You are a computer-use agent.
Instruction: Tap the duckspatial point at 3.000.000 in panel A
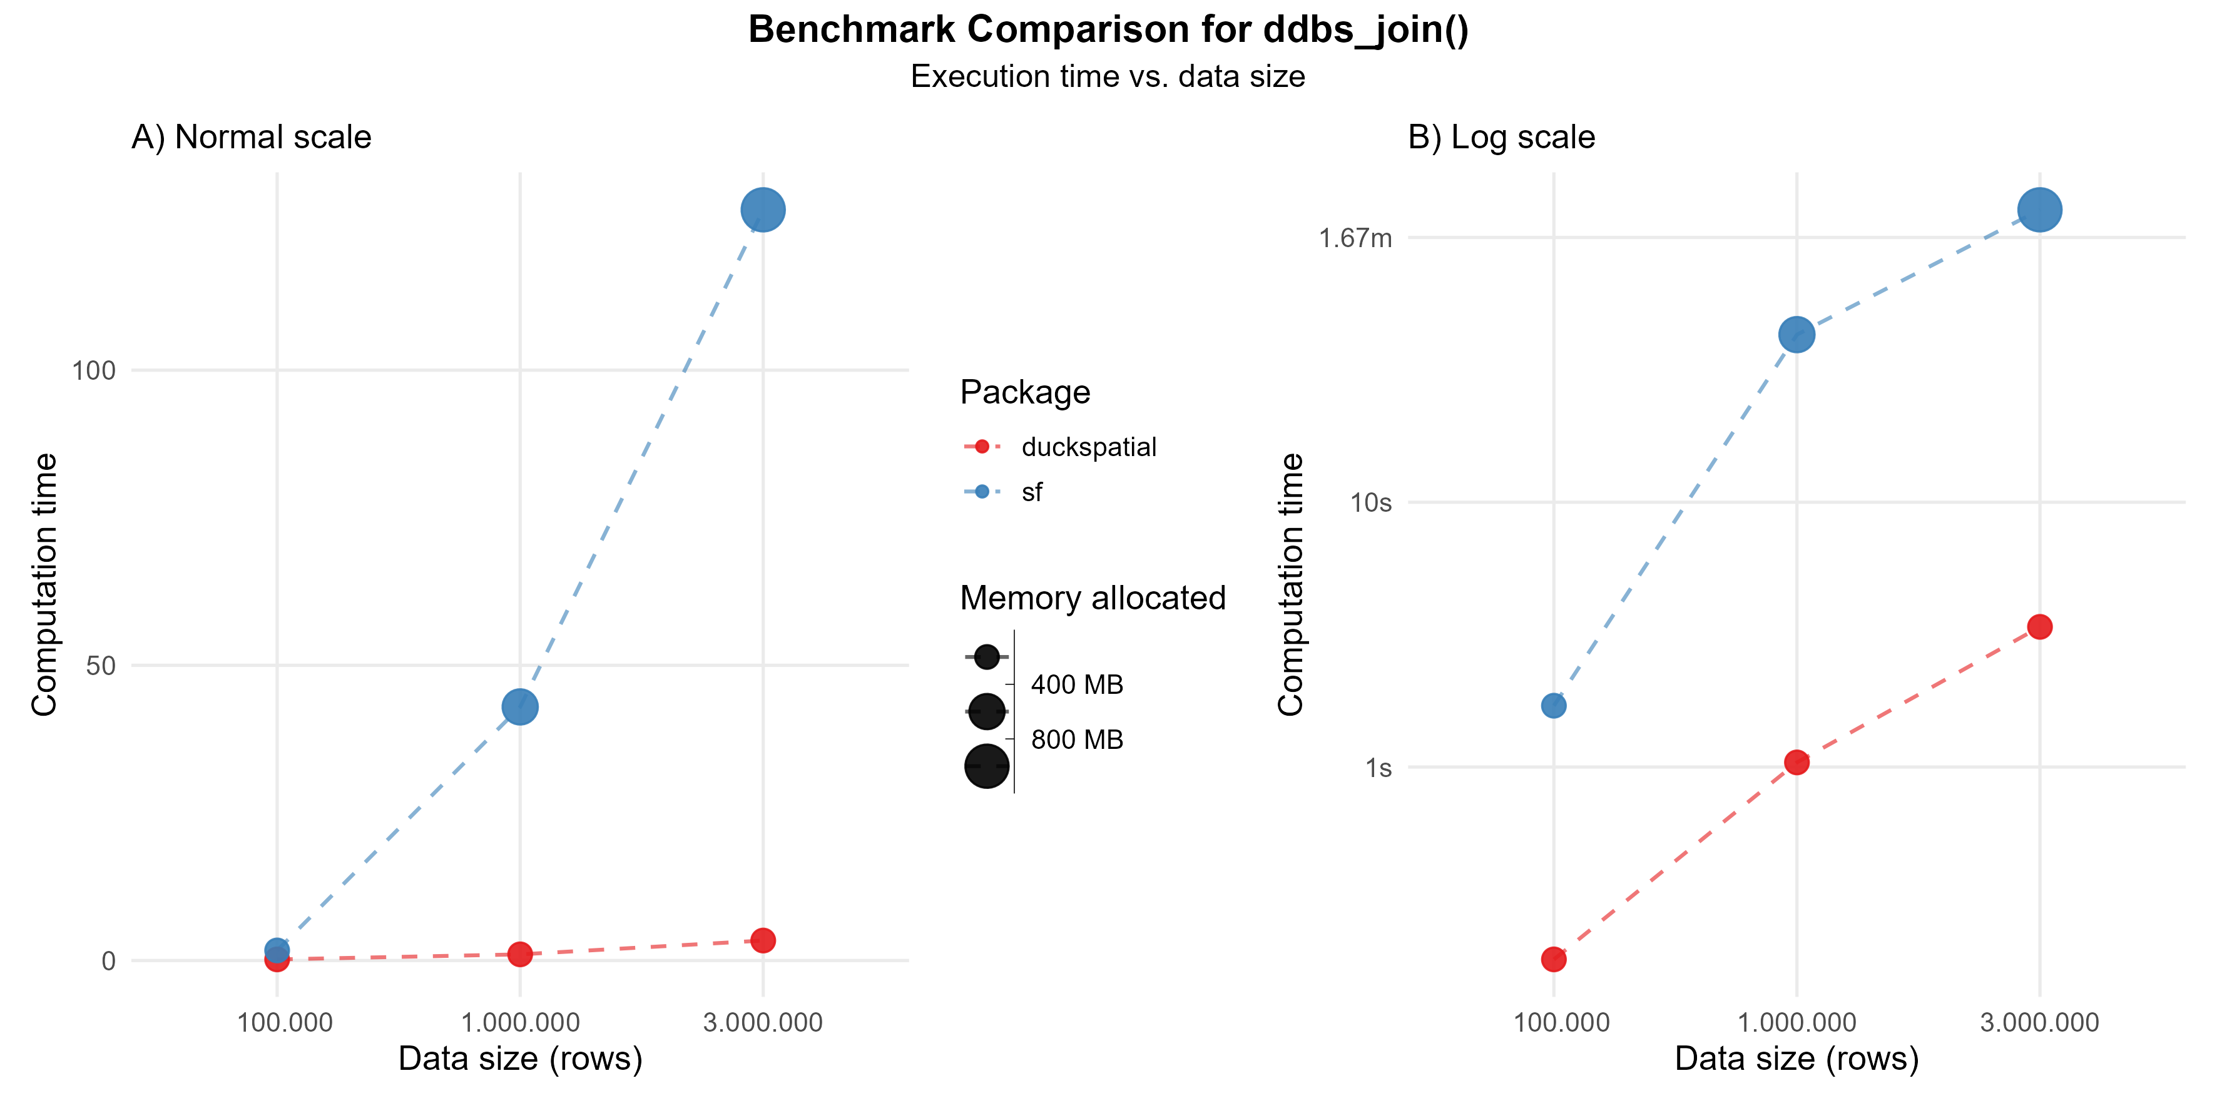coord(763,940)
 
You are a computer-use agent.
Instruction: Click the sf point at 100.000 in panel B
coord(1554,706)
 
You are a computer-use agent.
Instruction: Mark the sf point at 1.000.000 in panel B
coord(1796,335)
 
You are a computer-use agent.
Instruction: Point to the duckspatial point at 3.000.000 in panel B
coord(2039,626)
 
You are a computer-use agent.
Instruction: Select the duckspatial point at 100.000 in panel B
coord(1554,959)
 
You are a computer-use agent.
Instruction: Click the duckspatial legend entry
coord(1088,447)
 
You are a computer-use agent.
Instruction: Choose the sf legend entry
coord(1031,492)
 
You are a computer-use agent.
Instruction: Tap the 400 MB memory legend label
coord(1077,684)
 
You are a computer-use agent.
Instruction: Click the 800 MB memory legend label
coord(1077,740)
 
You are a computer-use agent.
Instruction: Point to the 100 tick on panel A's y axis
coord(93,371)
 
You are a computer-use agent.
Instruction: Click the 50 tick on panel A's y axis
coord(101,666)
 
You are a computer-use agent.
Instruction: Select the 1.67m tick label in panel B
coord(1355,238)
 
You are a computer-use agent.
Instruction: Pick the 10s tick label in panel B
coord(1370,502)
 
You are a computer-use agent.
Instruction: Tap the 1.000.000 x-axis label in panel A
coord(520,1023)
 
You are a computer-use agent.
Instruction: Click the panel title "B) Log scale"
coord(1501,138)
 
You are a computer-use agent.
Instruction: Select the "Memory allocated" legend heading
coord(1092,598)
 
